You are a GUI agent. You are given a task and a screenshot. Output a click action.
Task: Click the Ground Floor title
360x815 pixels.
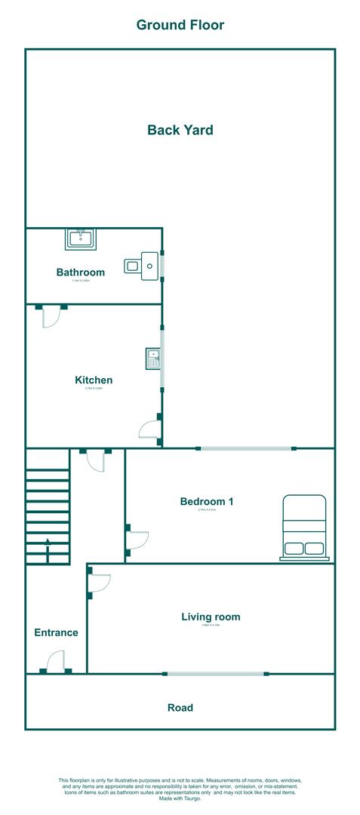(180, 25)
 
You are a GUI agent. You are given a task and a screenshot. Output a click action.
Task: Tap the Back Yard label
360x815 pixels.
(180, 130)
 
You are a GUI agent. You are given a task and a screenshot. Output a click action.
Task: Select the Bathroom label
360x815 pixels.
(80, 272)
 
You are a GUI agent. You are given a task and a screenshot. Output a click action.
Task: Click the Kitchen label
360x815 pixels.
(94, 380)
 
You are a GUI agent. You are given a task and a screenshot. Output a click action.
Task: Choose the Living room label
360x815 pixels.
(211, 617)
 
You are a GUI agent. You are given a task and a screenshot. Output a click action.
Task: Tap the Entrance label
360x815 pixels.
(56, 632)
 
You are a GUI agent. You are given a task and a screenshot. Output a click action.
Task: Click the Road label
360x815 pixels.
(180, 708)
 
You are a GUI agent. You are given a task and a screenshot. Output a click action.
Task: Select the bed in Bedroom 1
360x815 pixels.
(304, 527)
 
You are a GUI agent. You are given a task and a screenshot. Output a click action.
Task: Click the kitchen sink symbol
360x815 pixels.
(153, 356)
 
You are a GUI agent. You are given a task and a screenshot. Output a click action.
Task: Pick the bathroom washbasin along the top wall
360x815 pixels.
(80, 239)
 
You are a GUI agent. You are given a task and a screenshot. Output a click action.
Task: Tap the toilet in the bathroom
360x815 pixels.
(142, 265)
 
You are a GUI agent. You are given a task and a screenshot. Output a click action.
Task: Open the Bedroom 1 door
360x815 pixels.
(137, 540)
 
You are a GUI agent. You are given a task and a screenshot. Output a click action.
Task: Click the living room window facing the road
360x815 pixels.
(215, 674)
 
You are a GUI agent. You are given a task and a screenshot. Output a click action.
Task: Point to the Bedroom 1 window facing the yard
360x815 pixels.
(247, 449)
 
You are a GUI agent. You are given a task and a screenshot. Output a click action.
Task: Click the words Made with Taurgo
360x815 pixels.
(180, 798)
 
